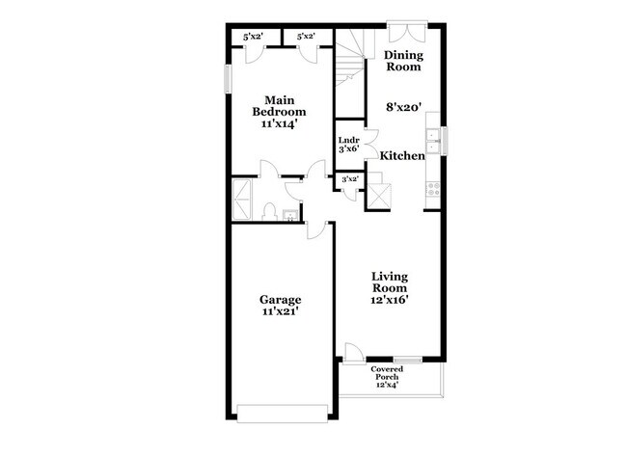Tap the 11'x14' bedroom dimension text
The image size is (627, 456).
pyautogui.click(x=280, y=124)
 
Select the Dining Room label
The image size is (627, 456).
pyautogui.click(x=404, y=62)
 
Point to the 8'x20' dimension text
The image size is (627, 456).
pyautogui.click(x=404, y=108)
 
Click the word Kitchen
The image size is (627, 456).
pyautogui.click(x=402, y=155)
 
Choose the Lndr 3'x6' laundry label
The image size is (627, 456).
pyautogui.click(x=348, y=145)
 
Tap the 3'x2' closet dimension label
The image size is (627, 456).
pyautogui.click(x=349, y=179)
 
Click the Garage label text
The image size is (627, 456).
pyautogui.click(x=280, y=299)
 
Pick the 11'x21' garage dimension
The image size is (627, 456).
pyautogui.click(x=280, y=312)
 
